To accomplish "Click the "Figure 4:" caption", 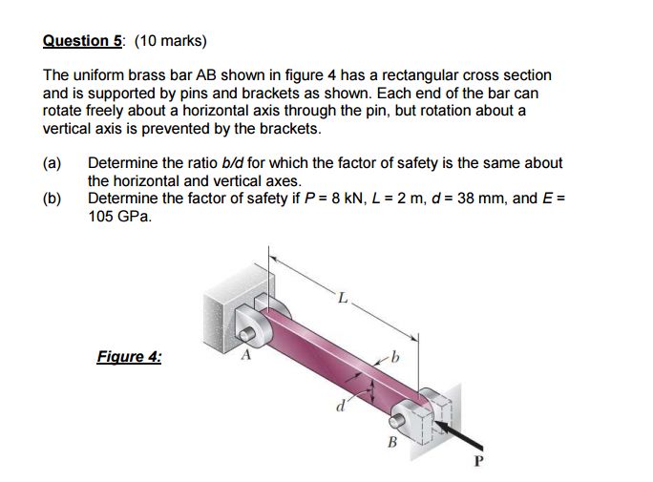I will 129,357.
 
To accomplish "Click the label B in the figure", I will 390,441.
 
